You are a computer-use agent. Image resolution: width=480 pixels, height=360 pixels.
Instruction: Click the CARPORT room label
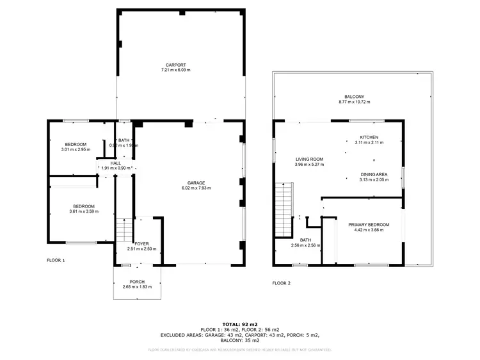pos(176,65)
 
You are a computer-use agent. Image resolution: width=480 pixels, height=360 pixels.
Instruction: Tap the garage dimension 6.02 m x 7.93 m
pos(196,188)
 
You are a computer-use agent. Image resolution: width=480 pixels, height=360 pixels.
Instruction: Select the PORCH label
pos(137,282)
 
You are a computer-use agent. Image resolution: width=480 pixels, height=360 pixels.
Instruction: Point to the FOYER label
pos(141,243)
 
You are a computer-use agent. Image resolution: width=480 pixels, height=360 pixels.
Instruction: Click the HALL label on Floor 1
pos(115,163)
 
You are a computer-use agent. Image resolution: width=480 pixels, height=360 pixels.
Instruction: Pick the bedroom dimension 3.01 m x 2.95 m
pos(76,149)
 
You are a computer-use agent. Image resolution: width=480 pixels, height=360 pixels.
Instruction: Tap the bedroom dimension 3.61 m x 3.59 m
pos(84,211)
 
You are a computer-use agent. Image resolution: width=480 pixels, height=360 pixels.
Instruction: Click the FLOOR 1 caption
pos(56,261)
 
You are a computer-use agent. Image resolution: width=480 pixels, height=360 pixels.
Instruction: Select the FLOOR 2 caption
pos(281,282)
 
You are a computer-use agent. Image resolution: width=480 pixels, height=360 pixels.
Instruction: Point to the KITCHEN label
pos(369,138)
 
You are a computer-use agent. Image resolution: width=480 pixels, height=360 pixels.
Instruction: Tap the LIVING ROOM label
pos(309,160)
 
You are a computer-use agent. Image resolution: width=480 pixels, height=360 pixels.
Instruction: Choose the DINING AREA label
pos(373,175)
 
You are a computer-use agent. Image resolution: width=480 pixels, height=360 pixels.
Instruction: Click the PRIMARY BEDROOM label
pos(369,224)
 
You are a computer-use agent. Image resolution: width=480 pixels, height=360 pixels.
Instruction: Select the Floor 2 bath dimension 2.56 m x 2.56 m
pos(306,245)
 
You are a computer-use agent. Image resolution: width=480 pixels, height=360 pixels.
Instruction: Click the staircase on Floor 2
pos(284,209)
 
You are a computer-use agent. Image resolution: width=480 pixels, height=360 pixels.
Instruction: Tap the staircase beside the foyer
pos(124,229)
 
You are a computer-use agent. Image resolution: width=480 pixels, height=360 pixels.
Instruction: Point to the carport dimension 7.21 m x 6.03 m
pos(176,70)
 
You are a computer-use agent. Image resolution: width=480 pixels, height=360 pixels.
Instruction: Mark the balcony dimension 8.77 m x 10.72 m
pos(354,102)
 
